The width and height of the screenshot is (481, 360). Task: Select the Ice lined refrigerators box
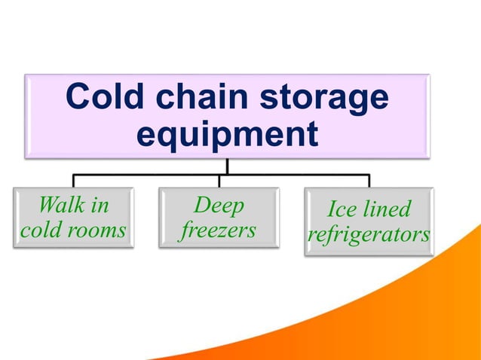click(x=369, y=221)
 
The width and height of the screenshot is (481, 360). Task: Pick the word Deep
click(x=219, y=204)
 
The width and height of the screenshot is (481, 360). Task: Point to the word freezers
click(x=219, y=230)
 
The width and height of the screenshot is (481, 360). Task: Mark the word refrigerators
click(x=369, y=235)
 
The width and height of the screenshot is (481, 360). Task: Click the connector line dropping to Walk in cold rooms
click(x=73, y=181)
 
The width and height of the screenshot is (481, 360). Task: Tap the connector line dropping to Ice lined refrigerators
click(x=369, y=181)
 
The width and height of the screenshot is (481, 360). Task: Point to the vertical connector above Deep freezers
click(x=219, y=181)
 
